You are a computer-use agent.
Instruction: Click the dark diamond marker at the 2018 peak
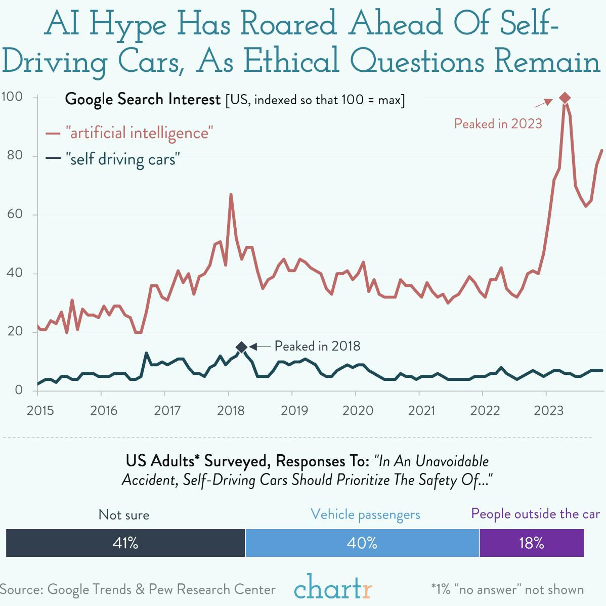point(242,347)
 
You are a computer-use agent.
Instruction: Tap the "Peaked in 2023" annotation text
point(498,123)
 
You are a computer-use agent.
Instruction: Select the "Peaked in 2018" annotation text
point(317,346)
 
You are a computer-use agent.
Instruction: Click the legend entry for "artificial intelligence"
point(139,133)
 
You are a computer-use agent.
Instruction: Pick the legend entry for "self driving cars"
point(122,159)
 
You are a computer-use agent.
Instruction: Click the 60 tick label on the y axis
point(15,214)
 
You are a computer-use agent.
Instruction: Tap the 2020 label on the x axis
point(358,410)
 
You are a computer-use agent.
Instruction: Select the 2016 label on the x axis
point(104,410)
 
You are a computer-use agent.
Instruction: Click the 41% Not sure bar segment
point(125,543)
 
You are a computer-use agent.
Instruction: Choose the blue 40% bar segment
point(362,543)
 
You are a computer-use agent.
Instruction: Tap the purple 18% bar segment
point(531,543)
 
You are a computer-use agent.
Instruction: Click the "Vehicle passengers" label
point(365,514)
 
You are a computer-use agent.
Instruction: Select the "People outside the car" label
point(535,514)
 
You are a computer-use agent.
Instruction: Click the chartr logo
point(333,588)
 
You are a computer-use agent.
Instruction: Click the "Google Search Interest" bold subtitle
point(143,99)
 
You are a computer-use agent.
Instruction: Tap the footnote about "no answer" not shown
point(507,589)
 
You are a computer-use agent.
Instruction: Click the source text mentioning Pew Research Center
point(138,589)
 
